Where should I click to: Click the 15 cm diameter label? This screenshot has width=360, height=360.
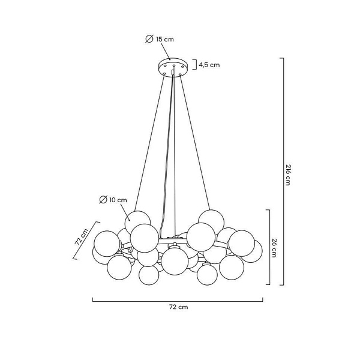point(165,39)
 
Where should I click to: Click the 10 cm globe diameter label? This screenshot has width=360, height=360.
point(118,199)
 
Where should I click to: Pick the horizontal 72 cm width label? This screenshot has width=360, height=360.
point(178,307)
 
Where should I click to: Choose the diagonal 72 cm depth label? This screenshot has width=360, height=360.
point(82,236)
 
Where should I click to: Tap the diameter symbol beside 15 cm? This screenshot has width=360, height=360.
point(149,39)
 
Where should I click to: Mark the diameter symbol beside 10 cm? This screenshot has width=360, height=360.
point(103,199)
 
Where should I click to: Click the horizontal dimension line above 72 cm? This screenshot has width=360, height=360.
point(178,299)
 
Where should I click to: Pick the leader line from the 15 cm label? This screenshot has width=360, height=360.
point(166,53)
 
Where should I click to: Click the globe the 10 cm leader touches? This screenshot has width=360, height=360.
point(139,221)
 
